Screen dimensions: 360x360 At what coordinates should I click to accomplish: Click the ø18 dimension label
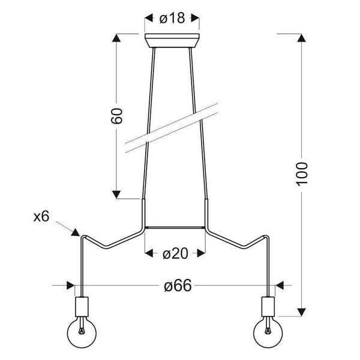coord(172,18)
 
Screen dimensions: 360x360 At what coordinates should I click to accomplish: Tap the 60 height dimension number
coord(116,116)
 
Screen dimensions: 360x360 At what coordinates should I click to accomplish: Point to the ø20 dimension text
coord(175,254)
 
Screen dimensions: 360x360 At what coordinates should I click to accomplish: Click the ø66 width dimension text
coord(178,286)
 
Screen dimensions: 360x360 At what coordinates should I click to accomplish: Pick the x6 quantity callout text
coord(41,217)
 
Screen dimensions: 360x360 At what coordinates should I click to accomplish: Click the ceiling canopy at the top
coord(172,41)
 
